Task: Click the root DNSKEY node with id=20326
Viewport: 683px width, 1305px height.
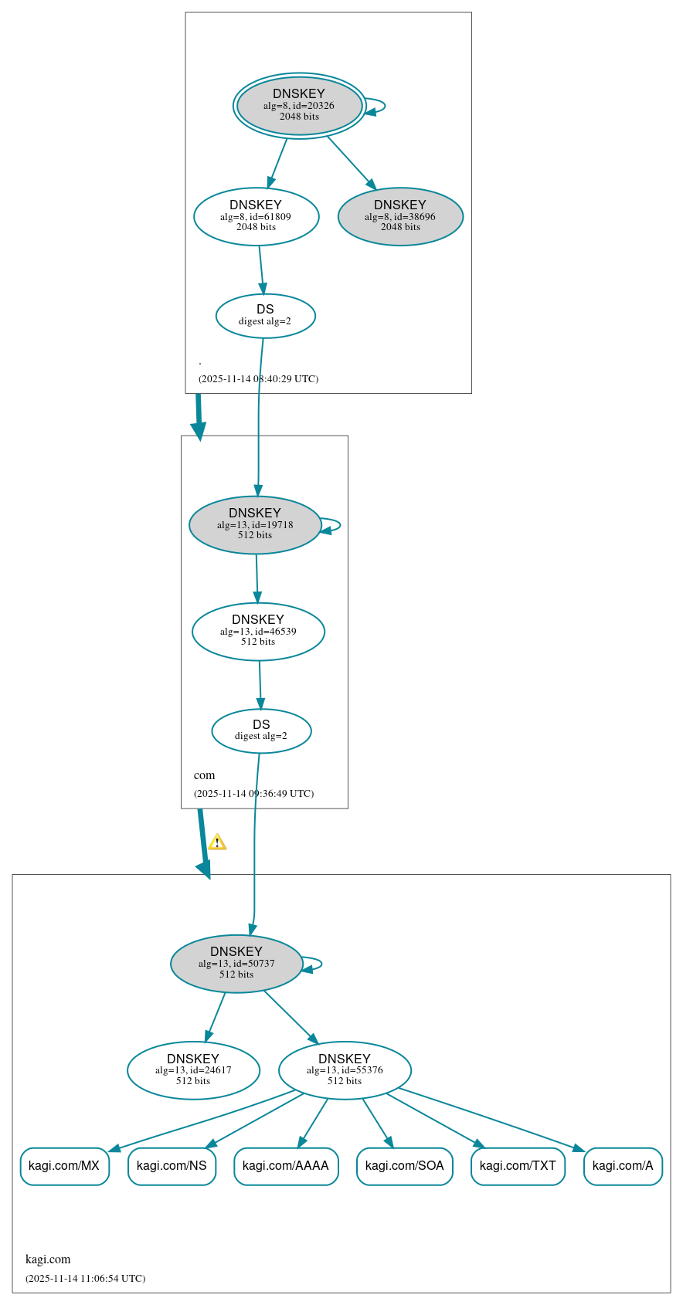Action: pyautogui.click(x=299, y=106)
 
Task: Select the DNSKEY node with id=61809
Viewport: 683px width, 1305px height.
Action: pyautogui.click(x=256, y=217)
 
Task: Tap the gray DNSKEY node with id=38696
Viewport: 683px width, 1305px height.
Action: pyautogui.click(x=400, y=217)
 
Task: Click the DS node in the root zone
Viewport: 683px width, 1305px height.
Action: pyautogui.click(x=265, y=316)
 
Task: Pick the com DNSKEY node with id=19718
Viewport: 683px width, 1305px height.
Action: pyautogui.click(x=254, y=525)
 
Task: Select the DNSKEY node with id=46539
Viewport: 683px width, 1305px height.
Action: pyautogui.click(x=258, y=632)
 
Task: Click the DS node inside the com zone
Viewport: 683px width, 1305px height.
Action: pyautogui.click(x=261, y=730)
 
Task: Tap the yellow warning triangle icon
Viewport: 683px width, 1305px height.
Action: pyautogui.click(x=217, y=842)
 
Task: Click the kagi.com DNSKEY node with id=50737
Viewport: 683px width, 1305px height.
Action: pyautogui.click(x=236, y=964)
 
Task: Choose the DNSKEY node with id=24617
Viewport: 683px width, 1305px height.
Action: pyautogui.click(x=193, y=1070)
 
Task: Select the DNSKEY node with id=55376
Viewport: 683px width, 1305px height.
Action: pyautogui.click(x=345, y=1070)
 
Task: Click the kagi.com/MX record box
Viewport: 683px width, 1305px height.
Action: pyautogui.click(x=64, y=1166)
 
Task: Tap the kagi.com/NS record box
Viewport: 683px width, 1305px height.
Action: pyautogui.click(x=172, y=1166)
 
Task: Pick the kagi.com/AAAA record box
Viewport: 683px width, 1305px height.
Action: pyautogui.click(x=286, y=1166)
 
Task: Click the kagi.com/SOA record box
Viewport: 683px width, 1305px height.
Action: pyautogui.click(x=404, y=1166)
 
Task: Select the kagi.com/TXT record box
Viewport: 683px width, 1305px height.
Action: pyautogui.click(x=518, y=1166)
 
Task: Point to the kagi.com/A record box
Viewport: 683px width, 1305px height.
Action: pyautogui.click(x=623, y=1166)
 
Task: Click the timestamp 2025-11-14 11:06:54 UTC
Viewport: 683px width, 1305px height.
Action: pyautogui.click(x=85, y=1279)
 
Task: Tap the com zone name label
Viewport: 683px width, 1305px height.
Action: pyautogui.click(x=204, y=775)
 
